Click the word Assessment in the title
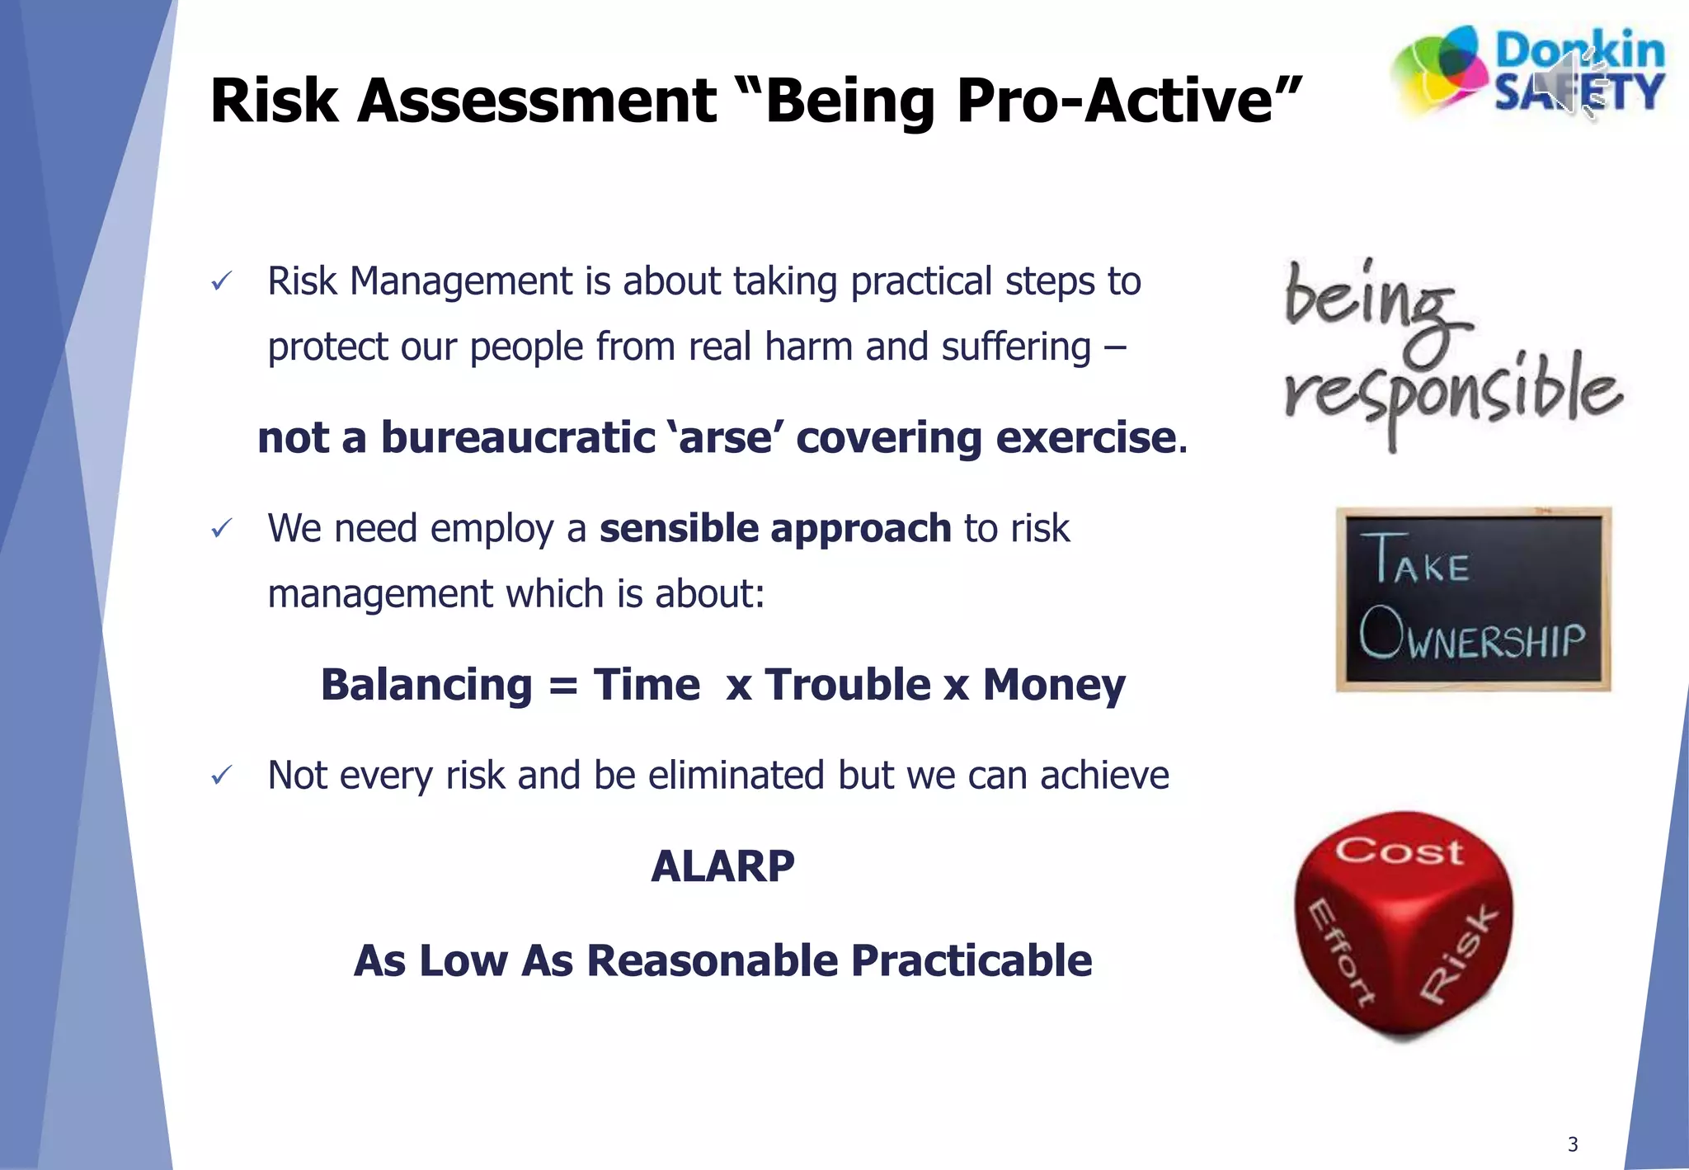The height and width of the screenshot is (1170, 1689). pos(536,101)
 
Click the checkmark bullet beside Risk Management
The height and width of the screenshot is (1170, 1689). pos(221,282)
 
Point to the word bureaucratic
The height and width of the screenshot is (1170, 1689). pos(518,437)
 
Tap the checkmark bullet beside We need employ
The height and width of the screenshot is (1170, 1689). pos(221,529)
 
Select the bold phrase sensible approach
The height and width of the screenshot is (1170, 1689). pos(775,528)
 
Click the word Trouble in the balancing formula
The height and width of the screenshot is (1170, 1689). pos(848,685)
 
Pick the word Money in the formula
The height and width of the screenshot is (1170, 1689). pos(1053,685)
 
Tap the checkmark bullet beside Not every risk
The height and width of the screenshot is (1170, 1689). pos(221,776)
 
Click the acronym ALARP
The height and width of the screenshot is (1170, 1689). pos(722,866)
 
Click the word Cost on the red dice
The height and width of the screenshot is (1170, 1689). pos(1399,852)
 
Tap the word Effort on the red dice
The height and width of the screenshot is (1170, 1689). pos(1341,951)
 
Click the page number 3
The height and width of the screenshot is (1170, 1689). pos(1572,1144)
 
